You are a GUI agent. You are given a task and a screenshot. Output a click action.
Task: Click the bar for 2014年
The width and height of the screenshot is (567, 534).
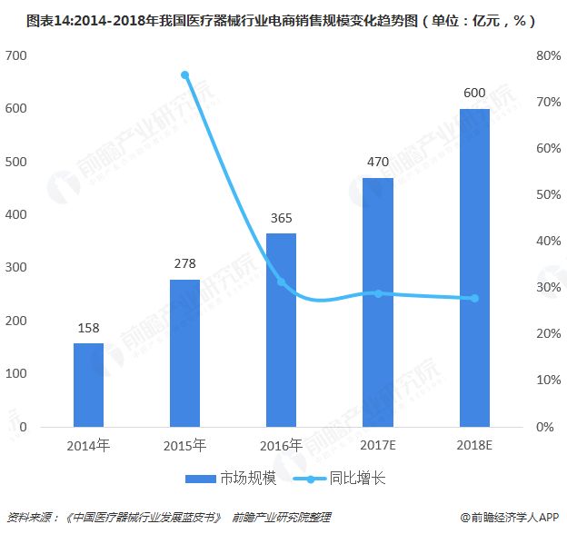pos(88,384)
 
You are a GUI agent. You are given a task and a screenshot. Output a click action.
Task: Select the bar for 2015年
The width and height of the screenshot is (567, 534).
pos(184,352)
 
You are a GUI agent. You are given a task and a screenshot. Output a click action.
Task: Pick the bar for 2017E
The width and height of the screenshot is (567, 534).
pos(378,302)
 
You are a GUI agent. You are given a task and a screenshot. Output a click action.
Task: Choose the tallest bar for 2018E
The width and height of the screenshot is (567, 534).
pos(474,267)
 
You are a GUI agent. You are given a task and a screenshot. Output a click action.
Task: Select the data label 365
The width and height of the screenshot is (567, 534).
pos(281,220)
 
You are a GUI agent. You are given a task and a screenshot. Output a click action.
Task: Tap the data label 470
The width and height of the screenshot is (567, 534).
pos(378,163)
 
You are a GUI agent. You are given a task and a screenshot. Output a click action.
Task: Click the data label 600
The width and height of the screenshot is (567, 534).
pos(474,94)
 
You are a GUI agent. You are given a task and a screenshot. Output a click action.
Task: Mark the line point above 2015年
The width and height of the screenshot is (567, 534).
pos(184,75)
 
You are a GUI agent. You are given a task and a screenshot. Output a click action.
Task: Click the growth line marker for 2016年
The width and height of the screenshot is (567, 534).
pos(281,282)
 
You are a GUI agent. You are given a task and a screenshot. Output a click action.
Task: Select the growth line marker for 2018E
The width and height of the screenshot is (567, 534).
pos(474,299)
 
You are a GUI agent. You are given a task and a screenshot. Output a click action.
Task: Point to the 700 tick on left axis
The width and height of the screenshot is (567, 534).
pos(18,56)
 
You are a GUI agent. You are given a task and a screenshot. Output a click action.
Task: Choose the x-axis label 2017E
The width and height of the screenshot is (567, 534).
pos(378,445)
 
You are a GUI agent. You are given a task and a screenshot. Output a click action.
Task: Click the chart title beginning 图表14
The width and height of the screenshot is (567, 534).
pos(283,18)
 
